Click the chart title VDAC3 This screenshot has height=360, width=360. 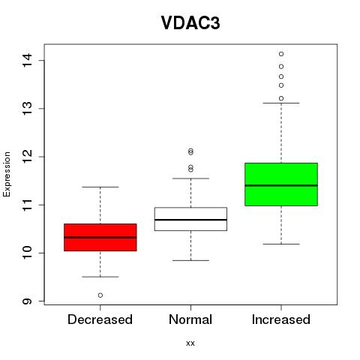[190, 23]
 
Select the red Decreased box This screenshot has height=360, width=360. [100, 237]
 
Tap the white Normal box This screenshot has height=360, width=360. [190, 219]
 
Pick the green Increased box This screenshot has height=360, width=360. [281, 184]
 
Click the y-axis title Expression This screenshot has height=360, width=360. [7, 174]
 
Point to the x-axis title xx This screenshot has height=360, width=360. [190, 343]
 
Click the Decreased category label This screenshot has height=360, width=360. [100, 319]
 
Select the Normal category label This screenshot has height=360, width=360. [190, 319]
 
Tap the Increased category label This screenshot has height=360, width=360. [281, 319]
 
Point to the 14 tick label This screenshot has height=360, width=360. [27, 60]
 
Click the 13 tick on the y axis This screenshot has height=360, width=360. [27, 108]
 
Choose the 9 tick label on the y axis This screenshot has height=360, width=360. [27, 301]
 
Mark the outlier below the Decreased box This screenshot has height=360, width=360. [100, 295]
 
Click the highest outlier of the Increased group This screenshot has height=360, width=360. [281, 54]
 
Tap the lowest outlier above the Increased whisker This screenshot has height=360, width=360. [281, 98]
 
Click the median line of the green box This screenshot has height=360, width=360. [281, 185]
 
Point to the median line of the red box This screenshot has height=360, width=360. [100, 237]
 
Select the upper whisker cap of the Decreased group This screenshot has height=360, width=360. [100, 187]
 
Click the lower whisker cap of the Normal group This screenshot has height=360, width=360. [190, 260]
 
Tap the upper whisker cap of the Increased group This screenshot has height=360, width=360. [281, 103]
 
